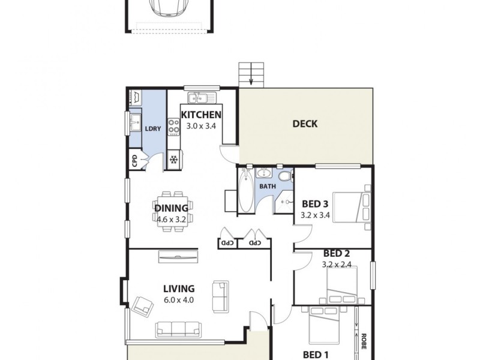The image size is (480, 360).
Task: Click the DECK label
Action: click(305, 124)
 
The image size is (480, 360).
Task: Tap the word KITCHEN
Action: click(202, 115)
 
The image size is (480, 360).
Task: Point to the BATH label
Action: click(267, 186)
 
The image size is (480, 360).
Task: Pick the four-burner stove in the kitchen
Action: click(174, 127)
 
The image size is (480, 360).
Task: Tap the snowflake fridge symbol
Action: click(174, 160)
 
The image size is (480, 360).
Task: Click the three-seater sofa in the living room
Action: click(178, 328)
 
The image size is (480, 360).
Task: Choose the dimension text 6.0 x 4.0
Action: click(179, 300)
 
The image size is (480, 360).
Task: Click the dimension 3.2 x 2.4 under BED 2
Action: click(336, 263)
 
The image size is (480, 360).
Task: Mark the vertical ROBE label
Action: click(363, 340)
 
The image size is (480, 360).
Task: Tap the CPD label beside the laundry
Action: click(135, 161)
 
